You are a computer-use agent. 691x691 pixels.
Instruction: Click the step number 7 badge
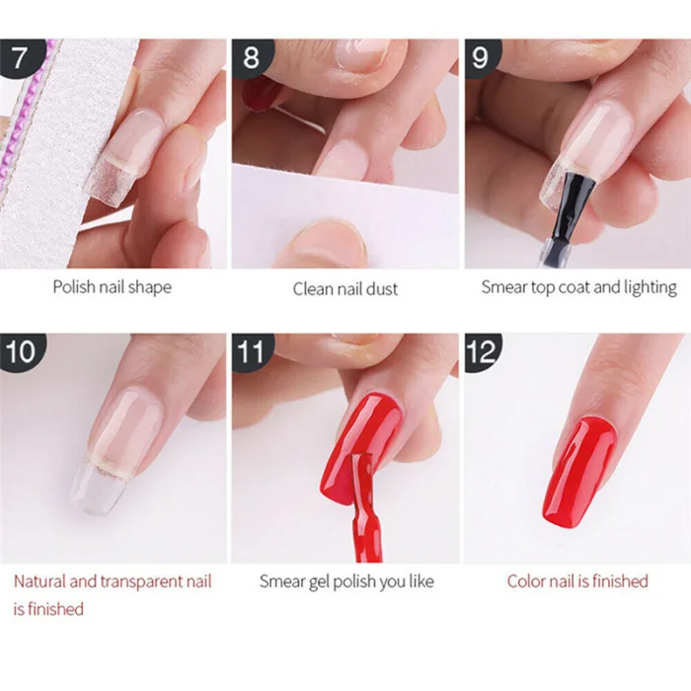coord(21,57)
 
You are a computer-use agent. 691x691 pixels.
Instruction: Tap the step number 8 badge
coord(251,57)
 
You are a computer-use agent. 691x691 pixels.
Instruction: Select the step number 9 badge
coord(482,57)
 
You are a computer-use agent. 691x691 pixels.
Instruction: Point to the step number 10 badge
coord(21,351)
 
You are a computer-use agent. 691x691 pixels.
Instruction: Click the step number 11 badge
coord(251,351)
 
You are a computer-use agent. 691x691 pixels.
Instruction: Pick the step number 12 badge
coord(482,351)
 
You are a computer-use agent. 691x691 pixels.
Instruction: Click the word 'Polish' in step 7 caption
coord(74,287)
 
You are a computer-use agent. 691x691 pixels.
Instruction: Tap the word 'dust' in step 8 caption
coord(382,289)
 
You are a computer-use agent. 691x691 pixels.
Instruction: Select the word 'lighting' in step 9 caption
coord(651,288)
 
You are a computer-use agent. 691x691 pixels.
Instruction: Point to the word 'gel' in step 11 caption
coord(319,582)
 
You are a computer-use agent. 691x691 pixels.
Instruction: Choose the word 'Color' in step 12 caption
coord(526,581)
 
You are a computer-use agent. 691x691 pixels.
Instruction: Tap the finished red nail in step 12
coord(579,472)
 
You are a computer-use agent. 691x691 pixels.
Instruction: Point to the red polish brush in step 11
coord(363,506)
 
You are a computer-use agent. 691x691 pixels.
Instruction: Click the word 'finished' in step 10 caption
coord(55,609)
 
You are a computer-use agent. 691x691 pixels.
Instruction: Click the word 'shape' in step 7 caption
coord(150,288)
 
